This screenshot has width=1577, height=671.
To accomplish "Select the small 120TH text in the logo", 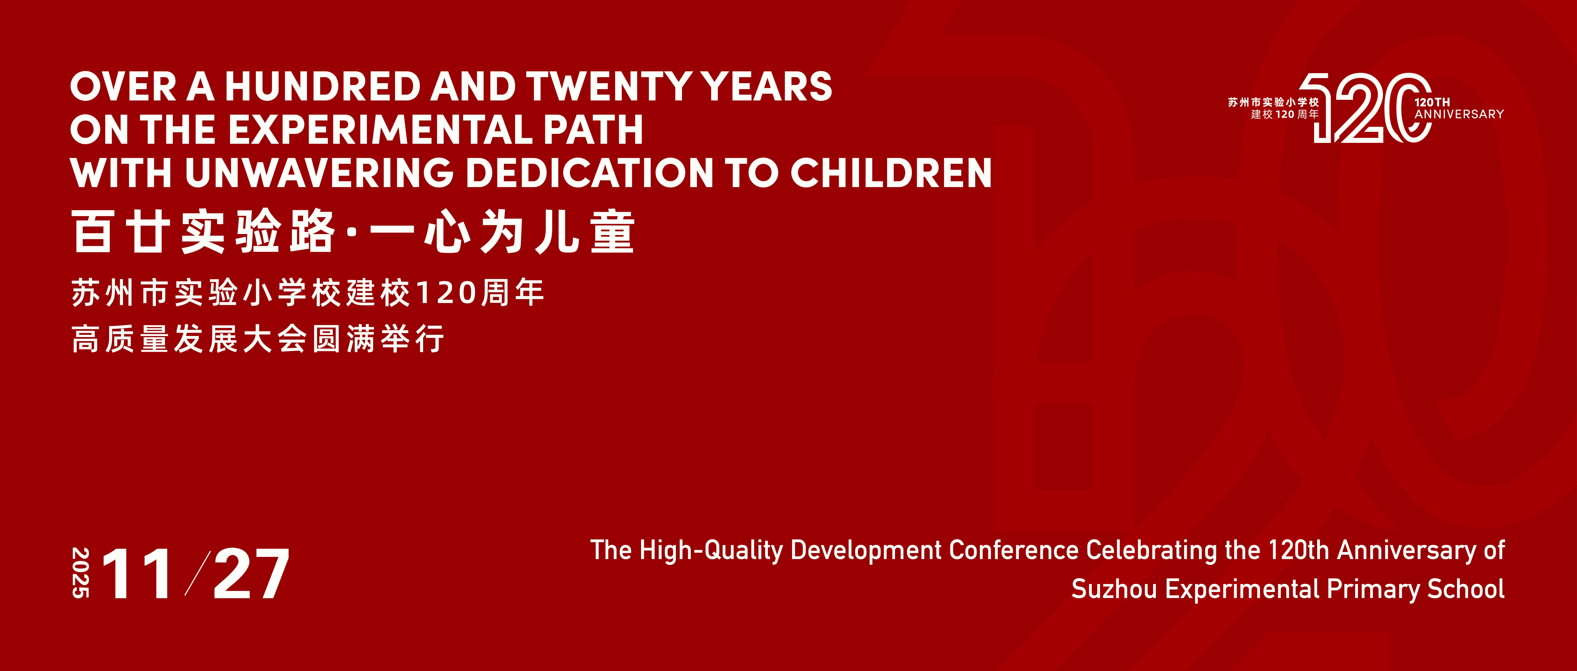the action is tap(1432, 102).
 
